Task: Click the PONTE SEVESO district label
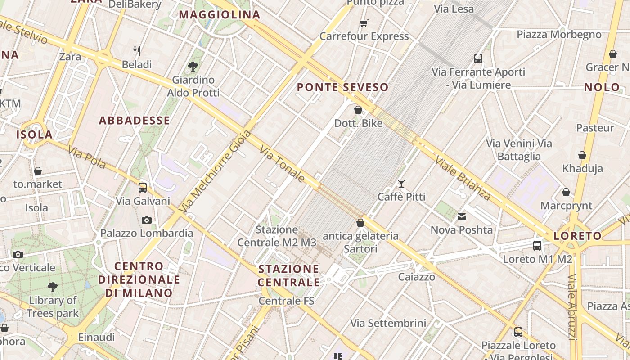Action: pos(342,87)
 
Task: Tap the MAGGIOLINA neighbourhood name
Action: pos(220,15)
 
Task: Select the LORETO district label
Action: pos(577,236)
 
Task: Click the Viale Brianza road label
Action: pos(463,178)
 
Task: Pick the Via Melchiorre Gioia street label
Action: pos(215,172)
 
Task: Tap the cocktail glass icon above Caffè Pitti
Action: pos(401,184)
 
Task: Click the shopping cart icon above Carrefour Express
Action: pos(364,23)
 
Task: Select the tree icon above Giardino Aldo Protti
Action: pos(193,67)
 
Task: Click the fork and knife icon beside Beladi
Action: pos(137,51)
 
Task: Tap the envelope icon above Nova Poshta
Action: pos(462,217)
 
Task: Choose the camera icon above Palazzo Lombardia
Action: pos(146,220)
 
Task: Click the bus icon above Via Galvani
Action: pos(143,188)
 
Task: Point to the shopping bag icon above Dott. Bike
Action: pos(358,110)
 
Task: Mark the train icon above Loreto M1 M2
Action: pos(537,246)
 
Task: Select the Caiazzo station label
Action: pos(416,276)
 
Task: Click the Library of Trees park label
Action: pos(53,306)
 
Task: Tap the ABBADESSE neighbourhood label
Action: pos(135,121)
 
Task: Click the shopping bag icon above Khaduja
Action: pos(582,155)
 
